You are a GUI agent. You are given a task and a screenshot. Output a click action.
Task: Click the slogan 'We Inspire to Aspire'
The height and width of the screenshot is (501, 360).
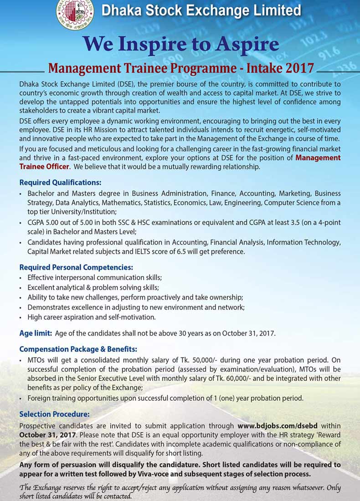pos(180,44)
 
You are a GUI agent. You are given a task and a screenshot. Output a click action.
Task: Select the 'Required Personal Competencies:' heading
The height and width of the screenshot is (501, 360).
pos(76,267)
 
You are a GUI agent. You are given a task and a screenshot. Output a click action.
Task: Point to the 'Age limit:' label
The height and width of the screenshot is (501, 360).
pos(35,333)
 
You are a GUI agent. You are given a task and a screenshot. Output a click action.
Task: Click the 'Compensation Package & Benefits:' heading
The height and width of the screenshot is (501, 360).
pos(78,349)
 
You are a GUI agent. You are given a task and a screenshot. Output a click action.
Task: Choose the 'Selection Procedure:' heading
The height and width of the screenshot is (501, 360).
pos(54,414)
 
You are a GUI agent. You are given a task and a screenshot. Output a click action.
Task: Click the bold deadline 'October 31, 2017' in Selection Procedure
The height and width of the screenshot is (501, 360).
pos(43,435)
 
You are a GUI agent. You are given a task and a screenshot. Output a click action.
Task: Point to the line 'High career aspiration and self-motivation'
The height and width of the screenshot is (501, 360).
pos(92,317)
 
